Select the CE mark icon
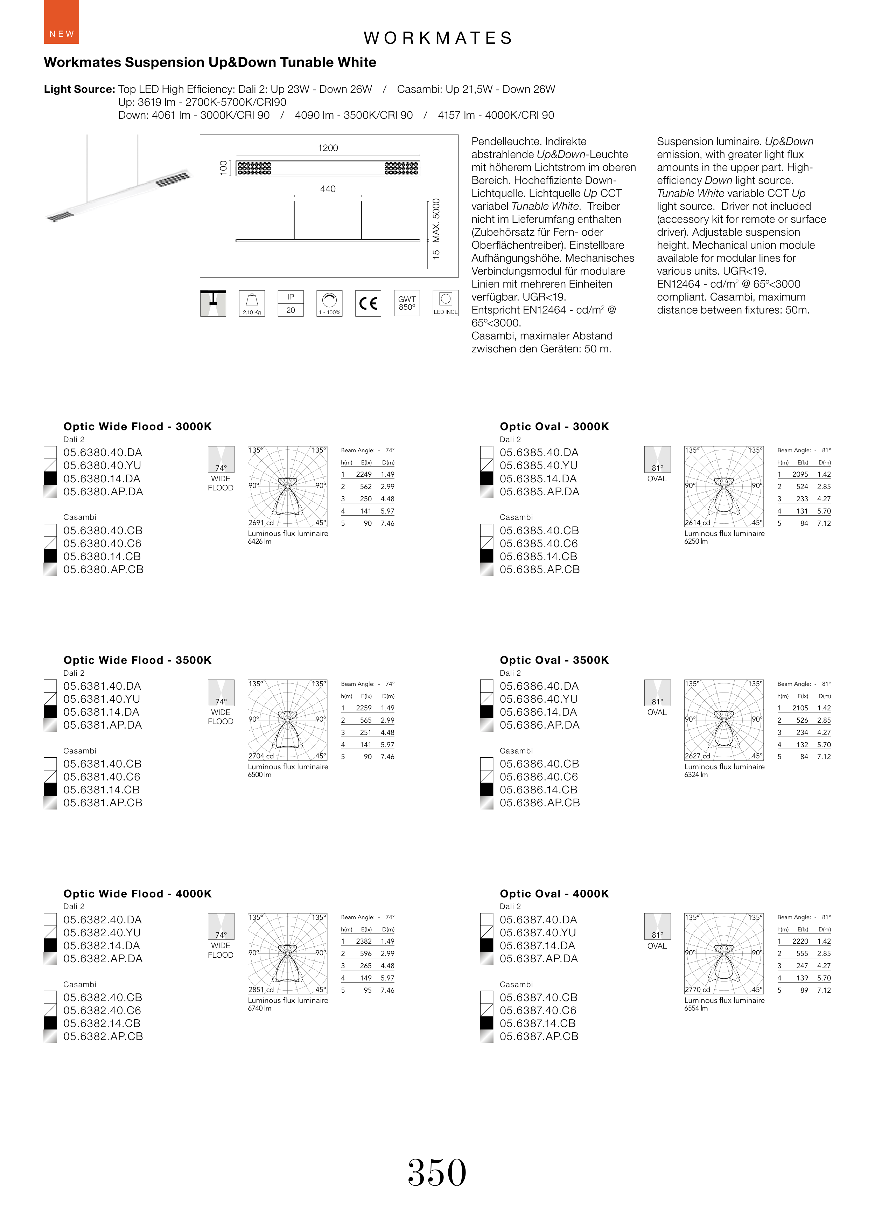[x=368, y=303]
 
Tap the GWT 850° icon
[x=407, y=303]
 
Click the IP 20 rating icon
[x=290, y=303]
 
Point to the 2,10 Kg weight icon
[x=252, y=303]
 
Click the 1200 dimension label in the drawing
[x=328, y=148]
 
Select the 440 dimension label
[x=328, y=189]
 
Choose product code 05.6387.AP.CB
[x=539, y=1036]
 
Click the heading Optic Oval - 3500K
[x=554, y=660]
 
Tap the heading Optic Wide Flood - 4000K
[x=138, y=893]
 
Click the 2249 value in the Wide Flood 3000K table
[x=364, y=474]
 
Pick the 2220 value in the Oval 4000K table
[x=800, y=941]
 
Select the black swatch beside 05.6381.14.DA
[x=50, y=712]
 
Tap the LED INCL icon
[x=446, y=303]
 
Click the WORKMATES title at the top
[x=437, y=38]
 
